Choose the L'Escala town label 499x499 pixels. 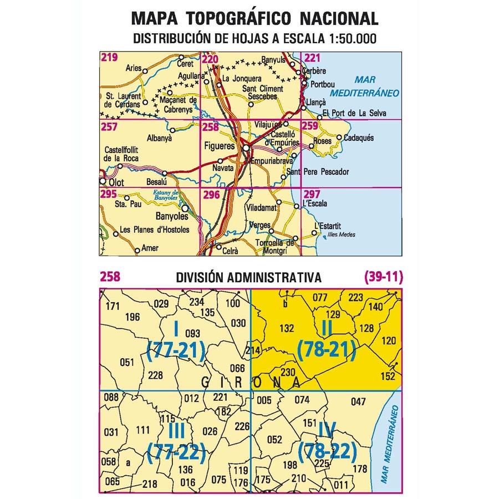point(316,204)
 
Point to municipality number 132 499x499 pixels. point(287,328)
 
